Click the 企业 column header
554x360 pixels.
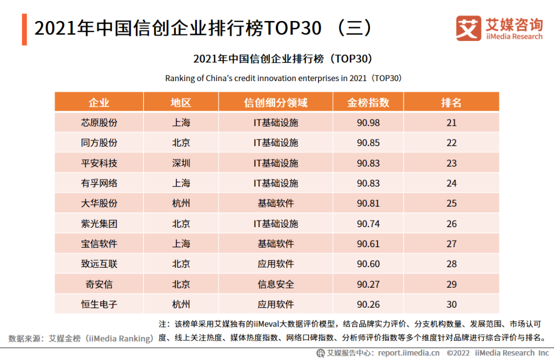(99, 102)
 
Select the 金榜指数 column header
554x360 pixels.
(368, 102)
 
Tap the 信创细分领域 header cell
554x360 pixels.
(275, 102)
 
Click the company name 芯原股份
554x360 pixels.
(99, 123)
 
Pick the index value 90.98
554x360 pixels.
(368, 123)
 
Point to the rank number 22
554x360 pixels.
(451, 143)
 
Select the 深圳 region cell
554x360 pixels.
(181, 163)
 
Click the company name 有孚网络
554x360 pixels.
(99, 183)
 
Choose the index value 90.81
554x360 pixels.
(368, 203)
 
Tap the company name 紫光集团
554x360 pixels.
(99, 224)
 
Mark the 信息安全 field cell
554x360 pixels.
(275, 284)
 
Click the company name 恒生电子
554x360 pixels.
(99, 304)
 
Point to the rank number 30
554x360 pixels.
(451, 304)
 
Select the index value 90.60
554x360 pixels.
(368, 264)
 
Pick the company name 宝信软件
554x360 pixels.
(99, 244)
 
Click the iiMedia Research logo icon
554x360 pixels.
(469, 28)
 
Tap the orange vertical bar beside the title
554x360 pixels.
(25, 29)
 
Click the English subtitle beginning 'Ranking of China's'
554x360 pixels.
(283, 78)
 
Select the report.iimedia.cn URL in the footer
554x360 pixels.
(409, 353)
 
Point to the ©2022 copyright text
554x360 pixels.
(458, 353)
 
